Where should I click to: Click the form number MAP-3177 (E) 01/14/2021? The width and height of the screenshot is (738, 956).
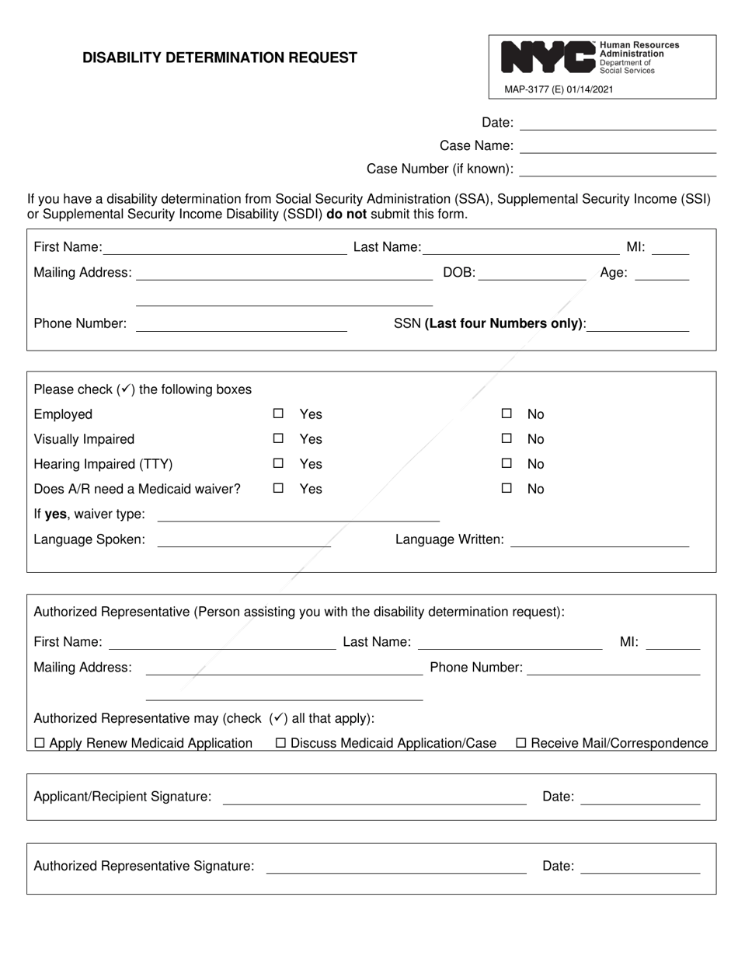click(559, 89)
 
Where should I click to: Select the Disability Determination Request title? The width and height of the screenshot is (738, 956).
click(220, 58)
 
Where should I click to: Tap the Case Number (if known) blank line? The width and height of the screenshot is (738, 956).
click(617, 169)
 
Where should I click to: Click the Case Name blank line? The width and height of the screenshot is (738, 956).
click(617, 146)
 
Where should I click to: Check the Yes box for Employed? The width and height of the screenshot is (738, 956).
click(278, 414)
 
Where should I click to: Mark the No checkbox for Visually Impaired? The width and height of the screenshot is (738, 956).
click(507, 439)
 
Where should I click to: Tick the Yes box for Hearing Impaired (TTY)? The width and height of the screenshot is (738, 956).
click(278, 464)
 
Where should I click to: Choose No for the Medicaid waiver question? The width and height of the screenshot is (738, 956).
click(507, 489)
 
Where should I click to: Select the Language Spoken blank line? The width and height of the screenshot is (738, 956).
click(244, 540)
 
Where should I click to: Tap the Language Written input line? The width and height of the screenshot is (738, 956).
click(599, 540)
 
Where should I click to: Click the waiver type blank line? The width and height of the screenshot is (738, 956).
click(298, 515)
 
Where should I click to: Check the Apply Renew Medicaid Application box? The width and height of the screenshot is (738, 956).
click(40, 744)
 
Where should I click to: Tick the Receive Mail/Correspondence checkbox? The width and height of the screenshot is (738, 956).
click(522, 744)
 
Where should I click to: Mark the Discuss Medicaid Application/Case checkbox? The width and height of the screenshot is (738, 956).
click(281, 744)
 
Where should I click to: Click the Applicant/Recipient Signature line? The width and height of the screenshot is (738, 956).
click(374, 797)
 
